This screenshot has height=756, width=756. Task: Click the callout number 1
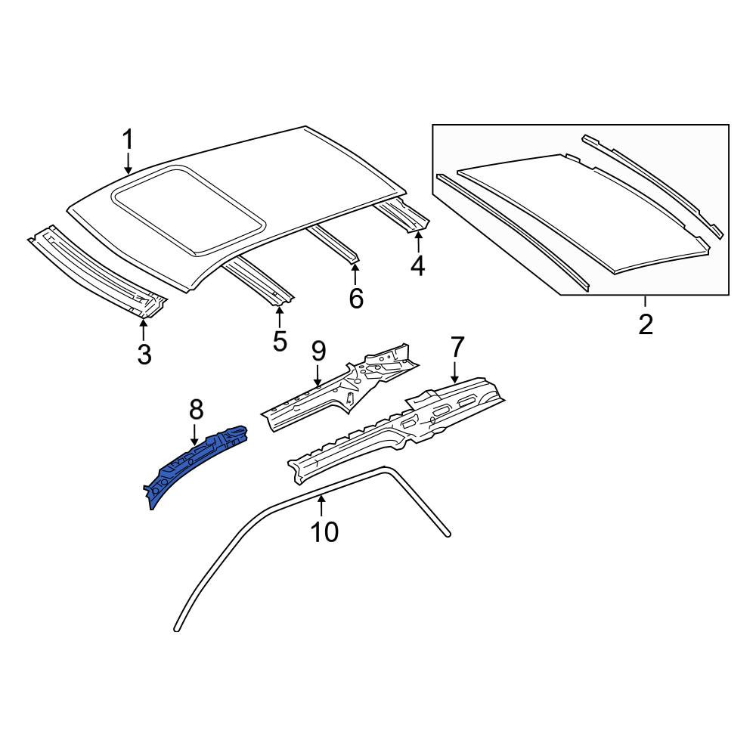click(x=128, y=140)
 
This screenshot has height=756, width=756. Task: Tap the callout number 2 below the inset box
click(x=645, y=324)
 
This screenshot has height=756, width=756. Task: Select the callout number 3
click(x=144, y=355)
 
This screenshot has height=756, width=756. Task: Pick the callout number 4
click(x=417, y=265)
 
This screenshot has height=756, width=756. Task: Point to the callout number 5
click(x=280, y=341)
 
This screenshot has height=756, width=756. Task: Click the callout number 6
click(x=356, y=299)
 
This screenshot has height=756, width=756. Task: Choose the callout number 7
click(x=457, y=347)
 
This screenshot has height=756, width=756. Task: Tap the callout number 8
click(x=197, y=410)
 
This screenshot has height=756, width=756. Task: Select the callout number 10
click(x=324, y=531)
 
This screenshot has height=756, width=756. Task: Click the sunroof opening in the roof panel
click(x=188, y=209)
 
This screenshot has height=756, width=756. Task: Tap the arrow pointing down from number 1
click(x=128, y=163)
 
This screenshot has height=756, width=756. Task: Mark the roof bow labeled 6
click(x=333, y=244)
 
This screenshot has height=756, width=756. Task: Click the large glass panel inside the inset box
click(x=584, y=215)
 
